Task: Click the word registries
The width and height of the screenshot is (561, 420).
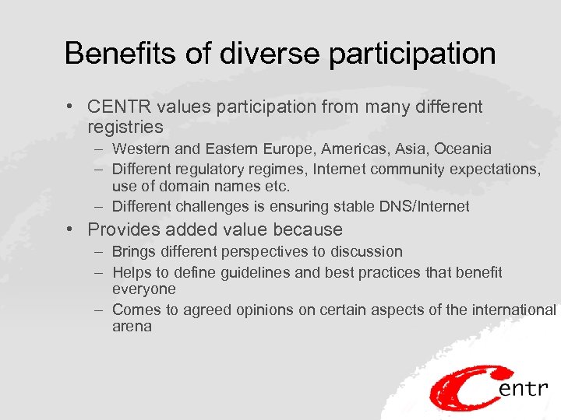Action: point(125,127)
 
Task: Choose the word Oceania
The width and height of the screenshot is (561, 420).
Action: point(465,149)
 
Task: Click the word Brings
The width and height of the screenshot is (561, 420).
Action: point(133,252)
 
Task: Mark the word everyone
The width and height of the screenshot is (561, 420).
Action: point(144,289)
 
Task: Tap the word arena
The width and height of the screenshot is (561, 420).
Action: point(132,327)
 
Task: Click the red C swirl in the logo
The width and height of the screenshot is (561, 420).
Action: point(464,389)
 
